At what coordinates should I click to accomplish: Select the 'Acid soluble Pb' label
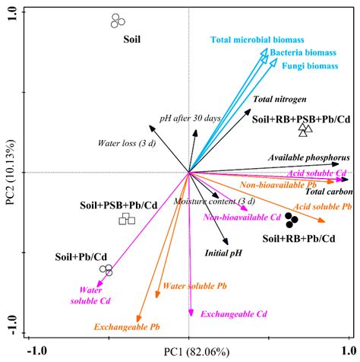click(x=322, y=206)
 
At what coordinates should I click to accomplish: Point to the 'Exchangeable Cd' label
click(x=234, y=313)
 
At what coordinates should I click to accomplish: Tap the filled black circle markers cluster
click(x=292, y=221)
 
